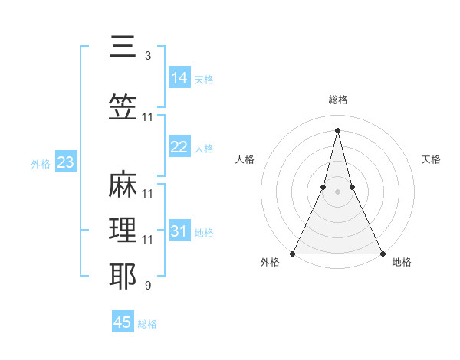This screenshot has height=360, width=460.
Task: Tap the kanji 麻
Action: tap(123, 185)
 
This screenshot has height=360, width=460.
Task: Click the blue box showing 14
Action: tap(179, 77)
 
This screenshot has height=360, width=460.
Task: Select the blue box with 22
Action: tap(179, 147)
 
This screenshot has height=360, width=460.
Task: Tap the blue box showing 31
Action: tap(179, 231)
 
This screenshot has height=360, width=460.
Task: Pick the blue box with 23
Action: tap(65, 162)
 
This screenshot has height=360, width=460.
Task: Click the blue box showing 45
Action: tap(123, 322)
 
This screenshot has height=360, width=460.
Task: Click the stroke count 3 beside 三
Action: tap(147, 56)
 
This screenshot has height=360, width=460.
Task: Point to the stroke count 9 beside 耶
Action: tap(147, 286)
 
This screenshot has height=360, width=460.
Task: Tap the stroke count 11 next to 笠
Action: tap(147, 117)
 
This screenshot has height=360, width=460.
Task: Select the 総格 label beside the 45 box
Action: tap(147, 324)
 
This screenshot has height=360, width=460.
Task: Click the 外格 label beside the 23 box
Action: tap(41, 163)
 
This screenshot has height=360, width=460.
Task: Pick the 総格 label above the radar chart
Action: tap(337, 100)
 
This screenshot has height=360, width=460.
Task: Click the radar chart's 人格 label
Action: tap(245, 159)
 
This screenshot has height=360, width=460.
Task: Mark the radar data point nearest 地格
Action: tap(382, 253)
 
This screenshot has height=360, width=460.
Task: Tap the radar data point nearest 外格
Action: tap(293, 253)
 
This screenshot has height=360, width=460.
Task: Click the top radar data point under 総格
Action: tap(337, 130)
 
